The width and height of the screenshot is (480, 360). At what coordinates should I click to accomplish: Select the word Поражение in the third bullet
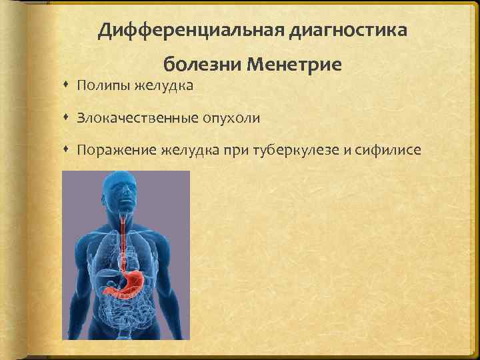click(x=116, y=150)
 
